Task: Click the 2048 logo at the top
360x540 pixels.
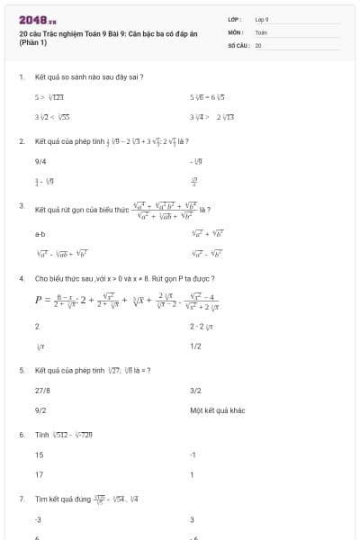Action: [37, 20]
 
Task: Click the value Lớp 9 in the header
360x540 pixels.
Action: [262, 19]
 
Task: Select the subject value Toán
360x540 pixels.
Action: [261, 31]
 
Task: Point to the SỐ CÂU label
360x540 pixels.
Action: [238, 44]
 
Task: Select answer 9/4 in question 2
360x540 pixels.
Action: [40, 161]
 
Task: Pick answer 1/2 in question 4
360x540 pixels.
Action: [195, 346]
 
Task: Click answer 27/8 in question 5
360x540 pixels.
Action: [42, 391]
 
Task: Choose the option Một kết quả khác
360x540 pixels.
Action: [218, 409]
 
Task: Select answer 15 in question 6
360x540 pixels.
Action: [39, 455]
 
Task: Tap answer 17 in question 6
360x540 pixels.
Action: [39, 474]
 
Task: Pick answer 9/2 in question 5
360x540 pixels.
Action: [40, 409]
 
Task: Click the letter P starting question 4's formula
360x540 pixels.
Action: [40, 301]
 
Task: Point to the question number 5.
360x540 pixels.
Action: [21, 370]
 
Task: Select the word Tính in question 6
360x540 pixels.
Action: [41, 435]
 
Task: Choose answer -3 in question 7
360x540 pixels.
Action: [39, 519]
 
